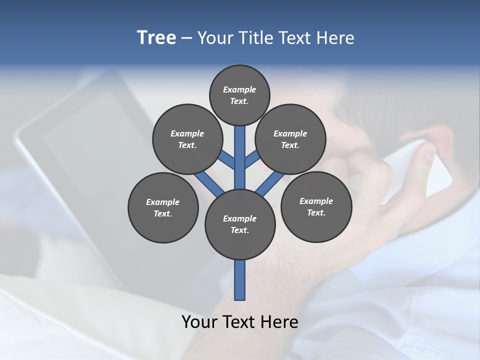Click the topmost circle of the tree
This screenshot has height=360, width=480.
(x=239, y=95)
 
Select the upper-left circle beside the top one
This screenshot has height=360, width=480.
(x=187, y=139)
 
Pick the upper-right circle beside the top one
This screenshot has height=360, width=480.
(x=290, y=139)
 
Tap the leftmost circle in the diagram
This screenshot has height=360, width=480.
(x=163, y=207)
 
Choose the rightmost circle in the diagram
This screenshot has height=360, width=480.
(x=316, y=206)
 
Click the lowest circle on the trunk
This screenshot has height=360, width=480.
(x=240, y=224)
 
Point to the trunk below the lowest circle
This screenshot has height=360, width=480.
(x=240, y=280)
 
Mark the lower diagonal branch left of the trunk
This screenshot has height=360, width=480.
(x=208, y=183)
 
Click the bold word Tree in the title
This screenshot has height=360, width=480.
(x=156, y=37)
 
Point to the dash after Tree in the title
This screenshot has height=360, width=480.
(x=186, y=38)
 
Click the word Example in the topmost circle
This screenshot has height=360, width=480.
(x=239, y=89)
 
